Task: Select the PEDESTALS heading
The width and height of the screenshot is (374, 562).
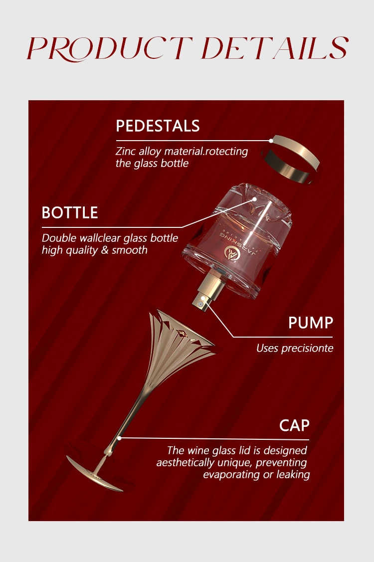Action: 158,126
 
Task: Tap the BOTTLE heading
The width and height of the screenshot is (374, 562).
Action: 70,213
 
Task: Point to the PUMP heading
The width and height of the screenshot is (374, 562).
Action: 310,323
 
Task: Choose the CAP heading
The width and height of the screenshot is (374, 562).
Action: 294,425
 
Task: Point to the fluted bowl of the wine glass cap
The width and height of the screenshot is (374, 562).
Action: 177,344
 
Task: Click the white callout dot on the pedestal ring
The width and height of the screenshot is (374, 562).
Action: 272,141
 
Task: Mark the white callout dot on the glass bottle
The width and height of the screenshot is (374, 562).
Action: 254,199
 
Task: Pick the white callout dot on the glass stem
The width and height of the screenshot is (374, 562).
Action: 119,438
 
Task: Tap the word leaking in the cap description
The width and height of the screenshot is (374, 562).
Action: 293,474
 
